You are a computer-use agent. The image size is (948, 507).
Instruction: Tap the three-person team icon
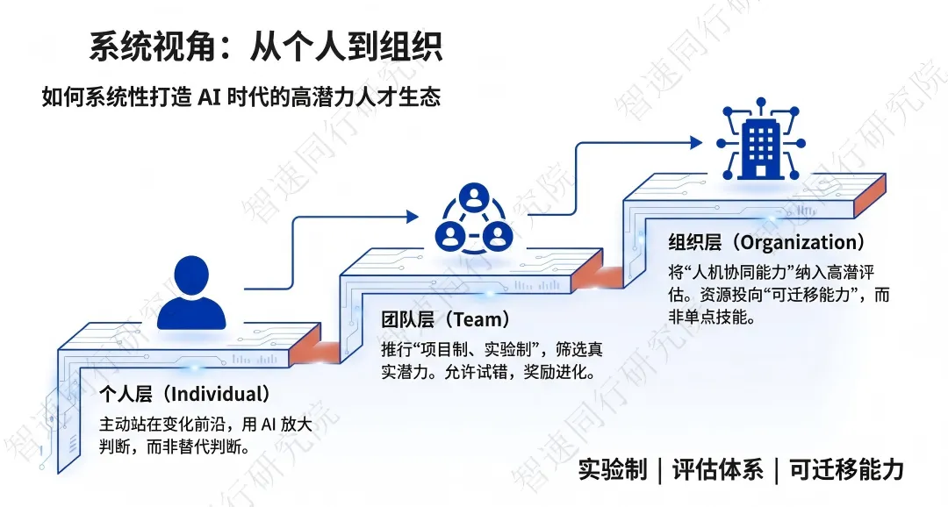(474, 220)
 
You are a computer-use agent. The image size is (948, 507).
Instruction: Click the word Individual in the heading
(219, 394)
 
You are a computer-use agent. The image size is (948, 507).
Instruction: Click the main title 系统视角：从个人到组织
(265, 46)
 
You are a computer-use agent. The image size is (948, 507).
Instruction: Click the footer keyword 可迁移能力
(846, 469)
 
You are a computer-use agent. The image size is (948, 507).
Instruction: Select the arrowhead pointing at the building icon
(696, 141)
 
